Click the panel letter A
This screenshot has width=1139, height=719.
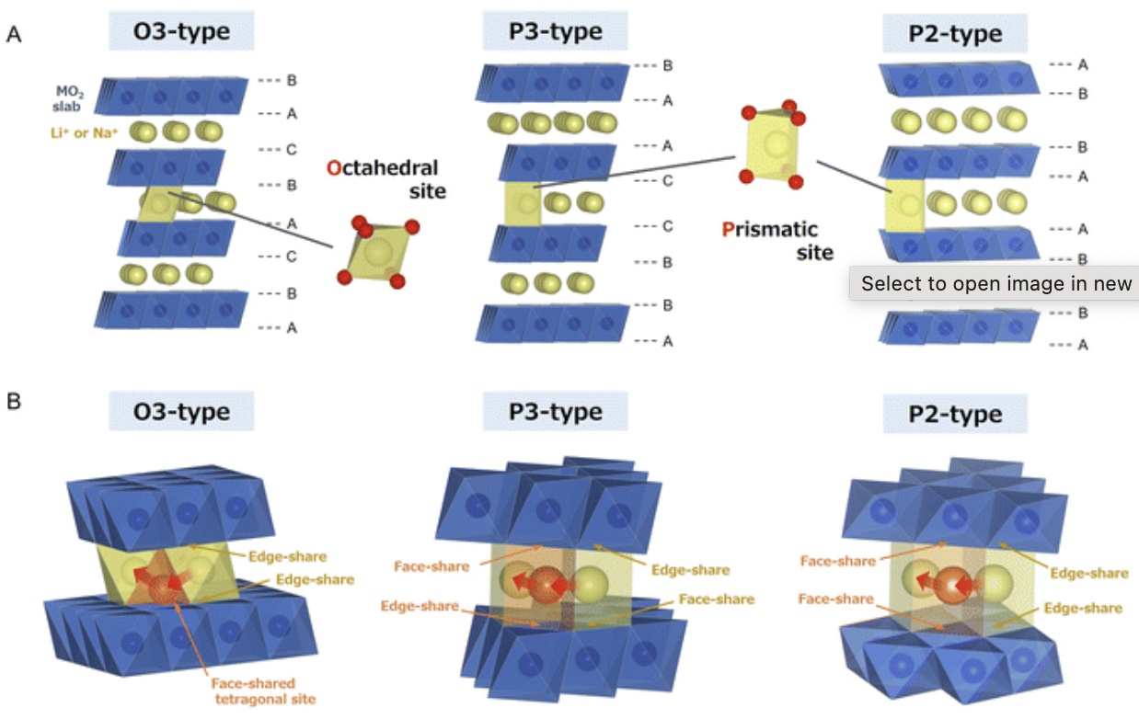14,35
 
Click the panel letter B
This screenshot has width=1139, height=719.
14,402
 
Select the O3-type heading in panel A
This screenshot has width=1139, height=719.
181,34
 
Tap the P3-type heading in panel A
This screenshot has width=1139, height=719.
555,32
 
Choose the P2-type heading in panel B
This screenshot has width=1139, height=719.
955,415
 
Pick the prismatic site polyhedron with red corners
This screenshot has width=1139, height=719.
771,145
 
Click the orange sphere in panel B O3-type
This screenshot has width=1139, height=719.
165,588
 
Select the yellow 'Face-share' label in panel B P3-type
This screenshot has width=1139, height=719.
716,599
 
